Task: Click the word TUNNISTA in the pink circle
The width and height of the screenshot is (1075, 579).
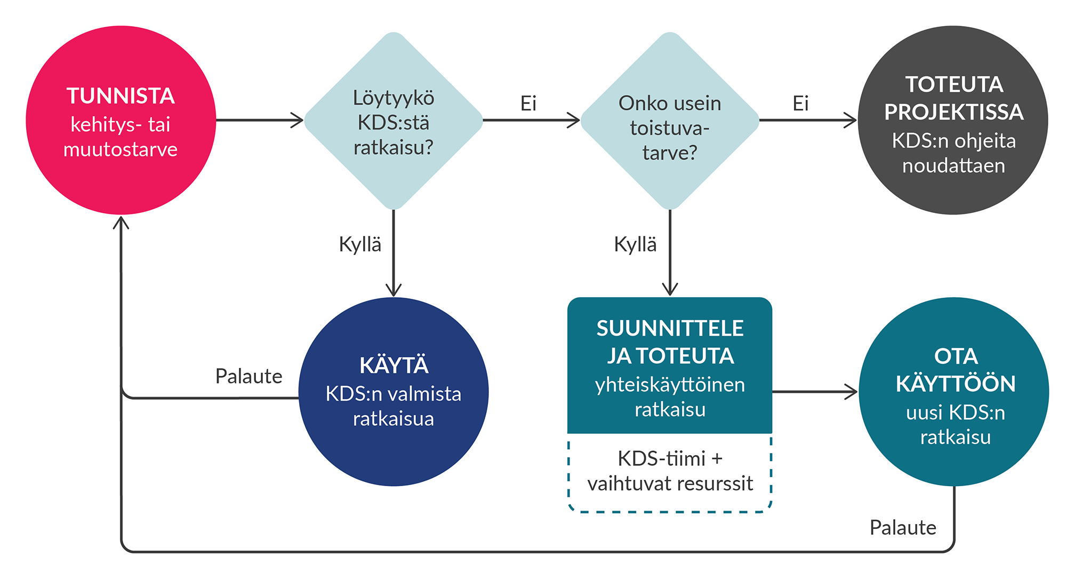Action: click(121, 96)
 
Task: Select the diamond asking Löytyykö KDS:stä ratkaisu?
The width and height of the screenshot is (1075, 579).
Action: click(394, 121)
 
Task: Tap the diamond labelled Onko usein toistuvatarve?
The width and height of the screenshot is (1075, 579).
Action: click(670, 121)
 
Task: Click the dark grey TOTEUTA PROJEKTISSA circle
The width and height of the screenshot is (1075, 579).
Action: click(953, 121)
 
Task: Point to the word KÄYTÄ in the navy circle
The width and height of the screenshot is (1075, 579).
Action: click(394, 366)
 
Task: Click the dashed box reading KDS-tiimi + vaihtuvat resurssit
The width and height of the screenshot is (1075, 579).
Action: click(670, 472)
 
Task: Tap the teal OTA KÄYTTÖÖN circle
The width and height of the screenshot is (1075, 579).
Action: click(954, 392)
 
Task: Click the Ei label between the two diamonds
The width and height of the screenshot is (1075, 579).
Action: click(528, 103)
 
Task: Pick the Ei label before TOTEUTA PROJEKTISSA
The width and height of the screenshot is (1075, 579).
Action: click(800, 103)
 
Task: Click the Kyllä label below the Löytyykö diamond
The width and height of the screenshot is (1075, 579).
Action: click(360, 244)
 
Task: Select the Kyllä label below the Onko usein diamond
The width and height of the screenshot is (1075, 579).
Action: click(635, 244)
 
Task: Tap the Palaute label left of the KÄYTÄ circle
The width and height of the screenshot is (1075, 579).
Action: click(248, 376)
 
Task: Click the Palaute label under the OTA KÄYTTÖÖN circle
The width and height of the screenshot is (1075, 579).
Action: click(903, 527)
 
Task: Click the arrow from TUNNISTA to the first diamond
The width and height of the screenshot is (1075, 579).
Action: click(260, 120)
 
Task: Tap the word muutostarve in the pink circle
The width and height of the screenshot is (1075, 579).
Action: click(121, 149)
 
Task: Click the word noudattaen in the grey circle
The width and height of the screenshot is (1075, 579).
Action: click(953, 165)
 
